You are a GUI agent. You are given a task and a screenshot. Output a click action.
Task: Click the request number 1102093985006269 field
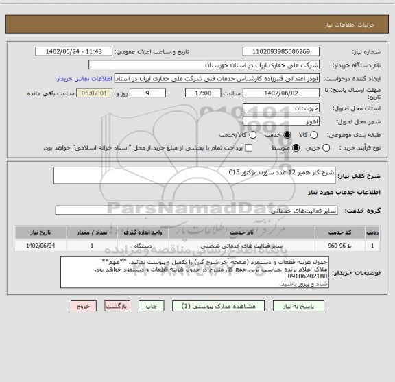pos(280,52)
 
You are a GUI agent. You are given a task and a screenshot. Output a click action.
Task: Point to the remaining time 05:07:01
pos(94,93)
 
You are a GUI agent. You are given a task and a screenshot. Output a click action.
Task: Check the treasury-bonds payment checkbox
pos(249,147)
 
